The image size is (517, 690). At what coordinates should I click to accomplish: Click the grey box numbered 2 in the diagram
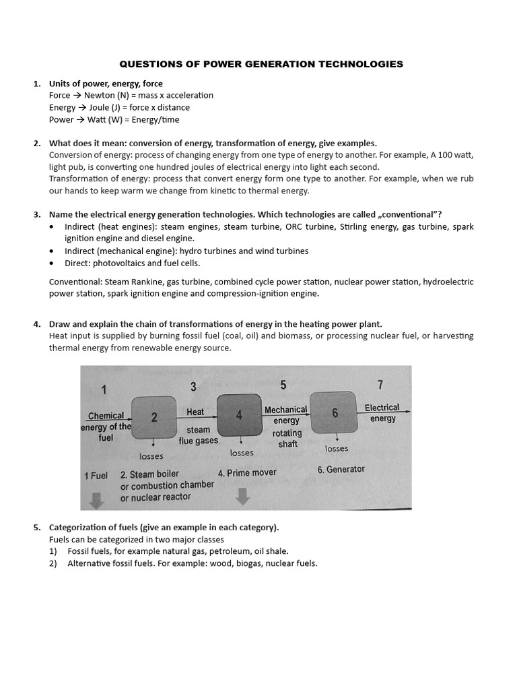point(154,417)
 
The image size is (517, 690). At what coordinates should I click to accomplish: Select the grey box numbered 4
point(239,415)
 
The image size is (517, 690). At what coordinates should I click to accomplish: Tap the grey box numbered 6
point(335,414)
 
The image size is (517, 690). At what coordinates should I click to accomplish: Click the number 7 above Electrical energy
point(380,385)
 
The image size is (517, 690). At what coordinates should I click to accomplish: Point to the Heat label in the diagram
point(195,411)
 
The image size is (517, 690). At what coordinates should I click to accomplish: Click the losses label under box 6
point(337,448)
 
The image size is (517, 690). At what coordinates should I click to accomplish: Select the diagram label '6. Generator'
point(341,469)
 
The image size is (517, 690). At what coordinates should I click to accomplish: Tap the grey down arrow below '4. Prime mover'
point(243,496)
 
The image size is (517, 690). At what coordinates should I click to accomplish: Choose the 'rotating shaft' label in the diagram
point(287,439)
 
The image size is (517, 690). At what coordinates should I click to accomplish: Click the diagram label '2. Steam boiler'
point(149,474)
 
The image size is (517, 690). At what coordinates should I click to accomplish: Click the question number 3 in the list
point(37,214)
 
